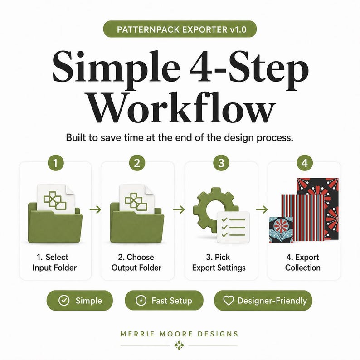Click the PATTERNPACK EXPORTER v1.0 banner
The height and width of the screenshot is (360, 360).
[x=180, y=29]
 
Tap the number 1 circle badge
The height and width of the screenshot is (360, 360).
[x=55, y=163]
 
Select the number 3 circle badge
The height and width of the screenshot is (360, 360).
[x=221, y=163]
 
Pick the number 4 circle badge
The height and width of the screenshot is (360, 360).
[x=304, y=163]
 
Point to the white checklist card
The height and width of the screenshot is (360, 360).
[x=233, y=227]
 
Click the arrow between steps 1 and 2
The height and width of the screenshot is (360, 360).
[x=95, y=209]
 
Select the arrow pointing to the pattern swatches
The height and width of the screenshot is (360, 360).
[x=262, y=209]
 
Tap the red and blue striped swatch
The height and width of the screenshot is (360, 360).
[x=302, y=218]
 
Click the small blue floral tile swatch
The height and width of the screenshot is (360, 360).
[x=281, y=230]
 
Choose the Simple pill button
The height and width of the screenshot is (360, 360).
[x=80, y=300]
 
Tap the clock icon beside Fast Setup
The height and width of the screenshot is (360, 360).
[x=141, y=300]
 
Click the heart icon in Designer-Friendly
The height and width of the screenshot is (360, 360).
[x=229, y=300]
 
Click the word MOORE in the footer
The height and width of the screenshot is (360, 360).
[x=176, y=334]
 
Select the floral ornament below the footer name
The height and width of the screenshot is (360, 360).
[x=179, y=345]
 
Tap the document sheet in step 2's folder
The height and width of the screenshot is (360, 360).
[x=136, y=199]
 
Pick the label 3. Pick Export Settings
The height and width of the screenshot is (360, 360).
[x=219, y=263]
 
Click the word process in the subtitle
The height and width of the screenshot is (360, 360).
[x=275, y=138]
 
